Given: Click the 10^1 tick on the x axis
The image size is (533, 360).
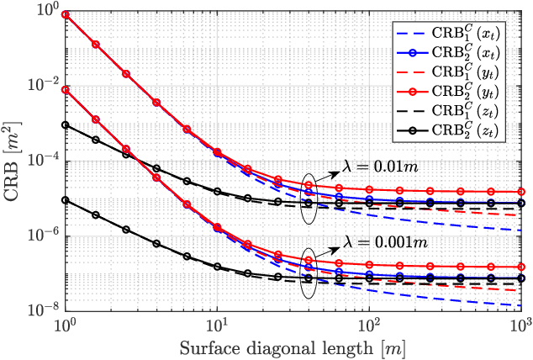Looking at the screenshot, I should [217, 326].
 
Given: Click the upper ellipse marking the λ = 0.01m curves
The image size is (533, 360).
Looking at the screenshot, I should [309, 198].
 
